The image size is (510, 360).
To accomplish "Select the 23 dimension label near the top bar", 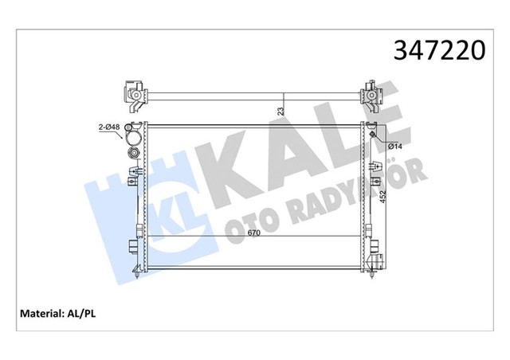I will [279, 112].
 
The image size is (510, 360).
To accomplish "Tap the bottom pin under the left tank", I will [138, 276].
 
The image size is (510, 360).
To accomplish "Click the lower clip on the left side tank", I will [131, 245].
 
